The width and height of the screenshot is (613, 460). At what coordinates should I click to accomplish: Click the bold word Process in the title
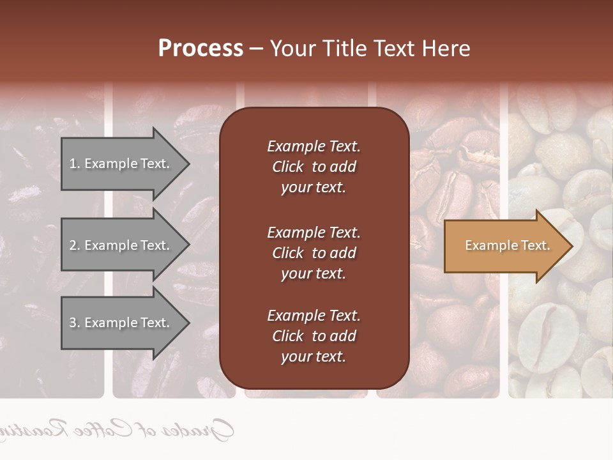click(x=201, y=49)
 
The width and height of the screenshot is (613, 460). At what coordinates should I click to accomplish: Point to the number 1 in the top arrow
click(x=73, y=164)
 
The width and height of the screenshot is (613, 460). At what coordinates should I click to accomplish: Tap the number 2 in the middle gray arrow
click(x=73, y=245)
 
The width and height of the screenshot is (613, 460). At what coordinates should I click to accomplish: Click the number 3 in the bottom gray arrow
click(x=73, y=323)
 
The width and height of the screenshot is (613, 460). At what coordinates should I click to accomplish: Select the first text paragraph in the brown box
click(x=314, y=167)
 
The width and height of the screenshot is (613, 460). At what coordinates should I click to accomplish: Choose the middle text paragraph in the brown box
click(x=314, y=253)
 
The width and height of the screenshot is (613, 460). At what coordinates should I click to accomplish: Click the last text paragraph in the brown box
click(x=314, y=336)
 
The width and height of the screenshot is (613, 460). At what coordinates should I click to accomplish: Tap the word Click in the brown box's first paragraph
click(x=287, y=167)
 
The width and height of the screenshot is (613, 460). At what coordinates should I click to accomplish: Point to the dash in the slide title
click(x=256, y=49)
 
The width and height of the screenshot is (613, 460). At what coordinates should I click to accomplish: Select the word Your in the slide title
click(x=292, y=49)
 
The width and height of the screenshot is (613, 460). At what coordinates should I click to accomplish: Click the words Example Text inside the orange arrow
click(x=507, y=245)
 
